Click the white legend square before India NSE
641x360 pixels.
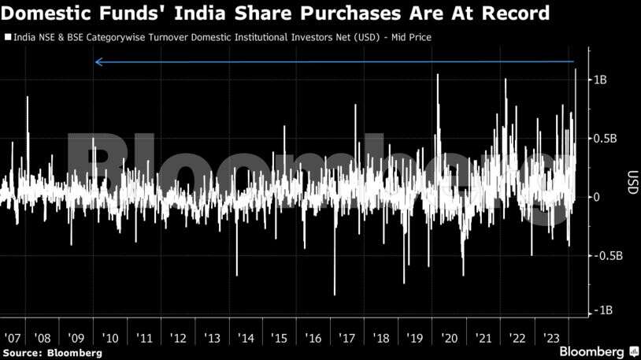6,37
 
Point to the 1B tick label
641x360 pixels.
600,80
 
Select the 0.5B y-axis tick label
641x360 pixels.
605,139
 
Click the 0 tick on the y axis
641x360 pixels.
596,197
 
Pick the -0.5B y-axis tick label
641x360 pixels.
606,255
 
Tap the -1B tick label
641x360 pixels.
602,310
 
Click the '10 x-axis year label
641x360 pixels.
111,338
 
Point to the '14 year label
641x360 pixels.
246,338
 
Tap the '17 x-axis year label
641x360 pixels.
348,338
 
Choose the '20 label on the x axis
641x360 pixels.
450,338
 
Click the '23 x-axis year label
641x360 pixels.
551,338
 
